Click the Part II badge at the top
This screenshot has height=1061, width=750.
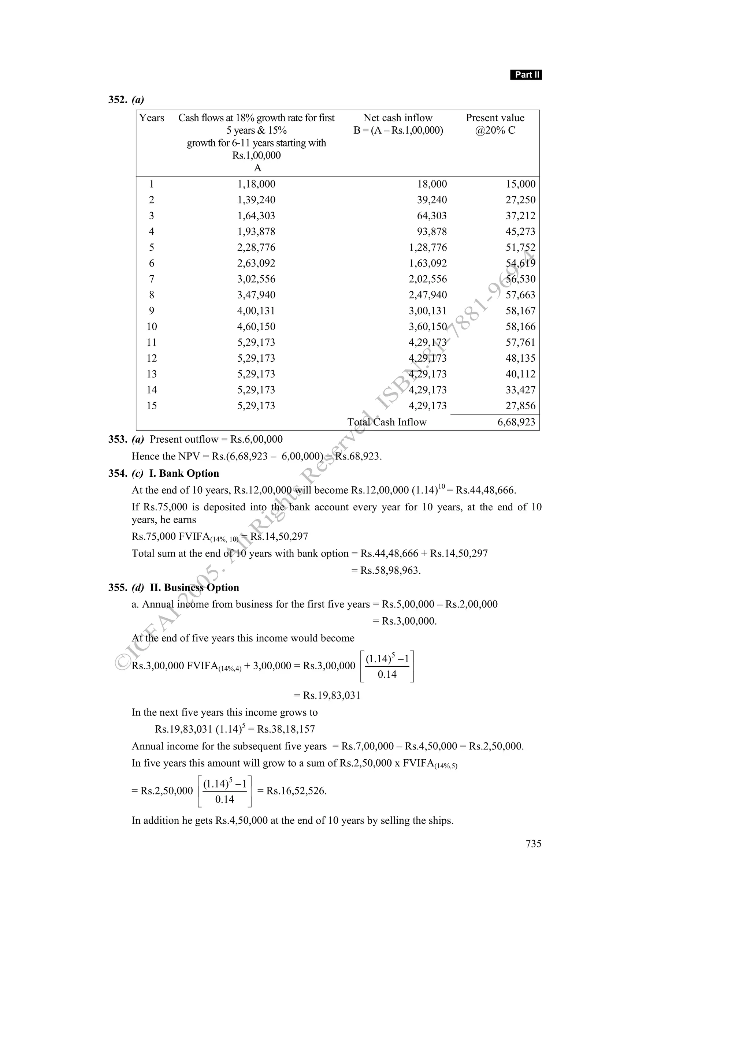(x=526, y=75)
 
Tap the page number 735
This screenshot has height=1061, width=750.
(x=533, y=844)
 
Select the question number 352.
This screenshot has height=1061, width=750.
(x=118, y=100)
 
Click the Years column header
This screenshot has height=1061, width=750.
(x=152, y=118)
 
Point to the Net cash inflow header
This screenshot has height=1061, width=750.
(x=398, y=118)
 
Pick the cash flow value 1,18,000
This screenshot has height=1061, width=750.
(x=256, y=185)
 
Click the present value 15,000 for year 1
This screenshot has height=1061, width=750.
(x=520, y=185)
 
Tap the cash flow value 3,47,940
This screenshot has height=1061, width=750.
(x=256, y=295)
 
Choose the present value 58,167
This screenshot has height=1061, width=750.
(x=520, y=310)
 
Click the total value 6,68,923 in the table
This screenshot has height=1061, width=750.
(x=516, y=422)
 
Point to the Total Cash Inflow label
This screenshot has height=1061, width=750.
(x=387, y=422)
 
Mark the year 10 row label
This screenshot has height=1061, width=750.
(x=152, y=327)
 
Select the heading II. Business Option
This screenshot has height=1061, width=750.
(x=194, y=587)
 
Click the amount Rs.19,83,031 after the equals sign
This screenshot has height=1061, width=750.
(x=331, y=696)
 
